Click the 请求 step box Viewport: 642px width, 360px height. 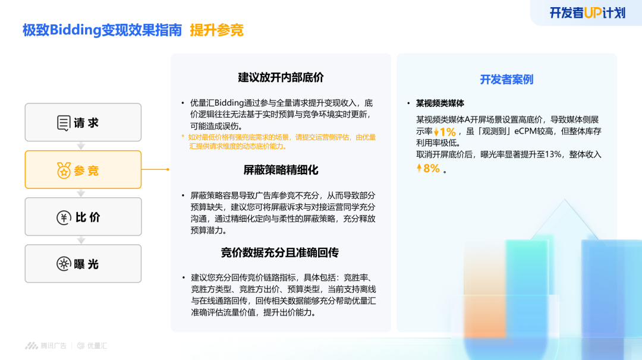[x=83, y=122]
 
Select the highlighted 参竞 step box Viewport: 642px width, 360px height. [x=83, y=170]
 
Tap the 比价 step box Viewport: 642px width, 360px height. [x=83, y=217]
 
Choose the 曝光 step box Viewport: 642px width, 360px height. [x=83, y=264]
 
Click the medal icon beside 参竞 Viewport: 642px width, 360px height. [x=64, y=170]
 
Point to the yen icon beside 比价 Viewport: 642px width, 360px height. [x=64, y=217]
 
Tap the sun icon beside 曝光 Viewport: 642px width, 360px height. [x=64, y=264]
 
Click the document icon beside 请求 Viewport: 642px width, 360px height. [x=64, y=123]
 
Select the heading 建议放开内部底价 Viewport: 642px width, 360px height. [x=281, y=77]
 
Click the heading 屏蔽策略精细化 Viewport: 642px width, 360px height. [x=281, y=170]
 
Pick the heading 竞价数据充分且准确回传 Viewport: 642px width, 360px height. [x=280, y=252]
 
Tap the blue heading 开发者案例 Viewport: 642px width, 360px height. [x=506, y=80]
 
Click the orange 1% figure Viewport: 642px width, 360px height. [x=448, y=132]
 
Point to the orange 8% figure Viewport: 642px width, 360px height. [x=431, y=168]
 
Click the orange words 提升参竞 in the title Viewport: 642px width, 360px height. [x=216, y=30]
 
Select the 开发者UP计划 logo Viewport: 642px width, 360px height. [x=587, y=13]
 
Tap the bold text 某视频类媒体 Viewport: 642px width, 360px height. [x=440, y=103]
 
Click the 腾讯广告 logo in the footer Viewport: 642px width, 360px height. [x=45, y=346]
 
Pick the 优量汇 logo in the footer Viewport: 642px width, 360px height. [x=92, y=346]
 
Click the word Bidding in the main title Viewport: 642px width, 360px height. [x=75, y=30]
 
